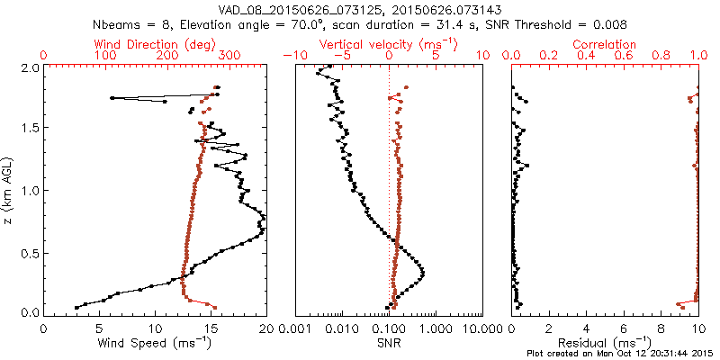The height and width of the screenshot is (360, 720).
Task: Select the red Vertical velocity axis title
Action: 389,43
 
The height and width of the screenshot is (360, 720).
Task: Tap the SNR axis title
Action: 389,342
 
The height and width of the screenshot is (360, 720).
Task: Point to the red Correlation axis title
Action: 607,43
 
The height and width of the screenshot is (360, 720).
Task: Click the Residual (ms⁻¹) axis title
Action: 607,342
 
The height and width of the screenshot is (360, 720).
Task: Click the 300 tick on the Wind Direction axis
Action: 229,56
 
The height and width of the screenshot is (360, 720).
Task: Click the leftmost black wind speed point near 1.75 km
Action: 112,98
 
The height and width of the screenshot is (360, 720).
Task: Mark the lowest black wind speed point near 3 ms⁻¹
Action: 76,308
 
